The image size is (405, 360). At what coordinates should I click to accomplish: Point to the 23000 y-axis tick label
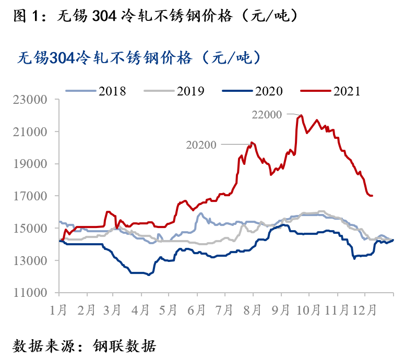click(32, 99)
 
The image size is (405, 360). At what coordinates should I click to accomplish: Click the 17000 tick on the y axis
click(32, 196)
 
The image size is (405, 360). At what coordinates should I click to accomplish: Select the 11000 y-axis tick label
click(32, 293)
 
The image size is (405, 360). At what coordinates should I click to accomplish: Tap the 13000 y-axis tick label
click(32, 261)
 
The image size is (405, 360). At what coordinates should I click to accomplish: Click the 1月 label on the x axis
click(58, 310)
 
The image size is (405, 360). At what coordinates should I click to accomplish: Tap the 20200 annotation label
click(201, 145)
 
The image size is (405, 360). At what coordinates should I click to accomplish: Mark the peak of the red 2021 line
click(301, 115)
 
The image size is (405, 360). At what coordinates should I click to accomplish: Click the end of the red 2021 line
click(372, 196)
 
